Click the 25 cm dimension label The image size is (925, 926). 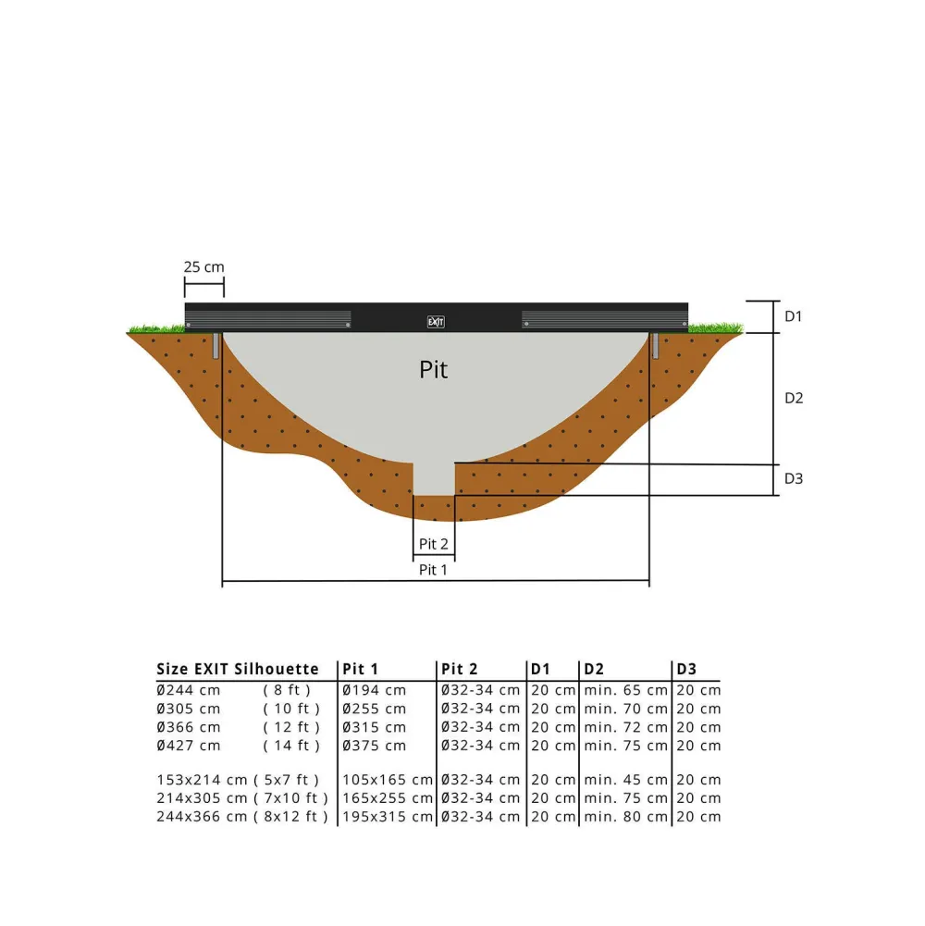point(203,266)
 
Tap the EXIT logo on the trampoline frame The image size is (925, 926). point(436,322)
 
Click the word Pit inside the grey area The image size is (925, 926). point(433,370)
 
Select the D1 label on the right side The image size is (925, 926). point(794,316)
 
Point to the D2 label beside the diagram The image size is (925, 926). point(794,398)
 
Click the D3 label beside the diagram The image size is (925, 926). point(794,478)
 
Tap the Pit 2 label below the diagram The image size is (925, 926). point(433,545)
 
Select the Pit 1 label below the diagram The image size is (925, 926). point(433,570)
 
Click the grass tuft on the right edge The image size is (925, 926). point(716,327)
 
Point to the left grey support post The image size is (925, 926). point(216,345)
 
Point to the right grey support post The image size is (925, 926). point(656,345)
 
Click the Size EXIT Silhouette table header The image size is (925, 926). point(238,669)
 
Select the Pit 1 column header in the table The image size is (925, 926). point(361,669)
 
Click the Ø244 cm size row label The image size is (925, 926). point(189,690)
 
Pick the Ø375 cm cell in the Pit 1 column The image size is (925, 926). point(374,746)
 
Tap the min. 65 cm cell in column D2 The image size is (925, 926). point(625,690)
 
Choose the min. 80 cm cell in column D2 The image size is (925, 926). point(625,817)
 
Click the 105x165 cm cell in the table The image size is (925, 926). point(387,780)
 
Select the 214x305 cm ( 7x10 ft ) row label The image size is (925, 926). point(242,798)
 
